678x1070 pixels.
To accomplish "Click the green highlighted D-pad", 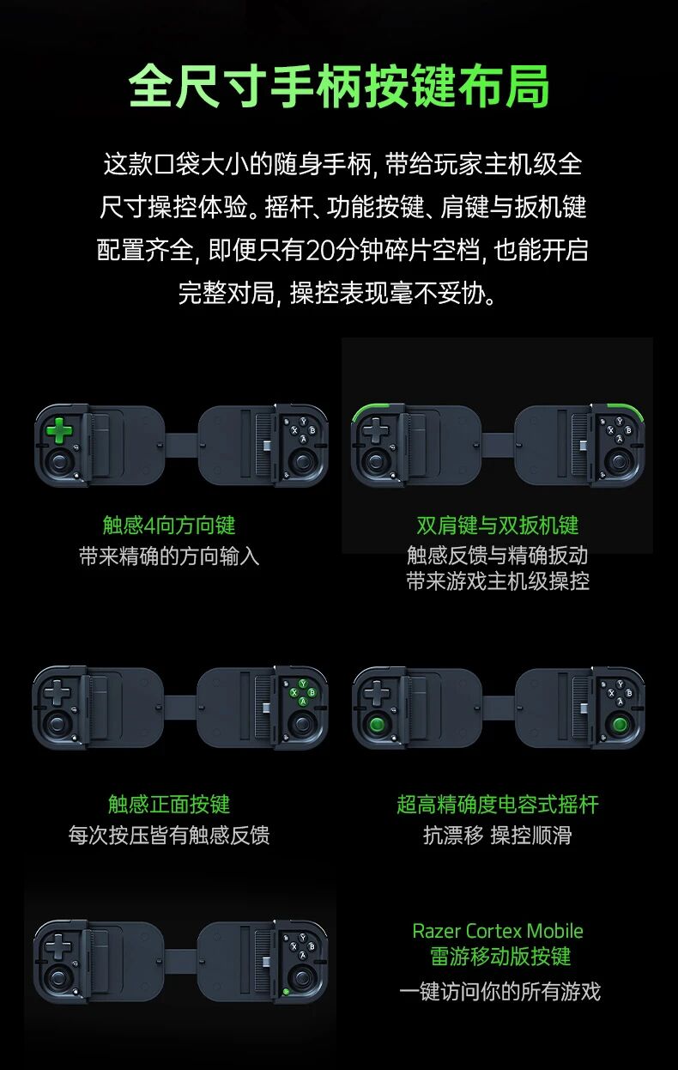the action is coord(59,430).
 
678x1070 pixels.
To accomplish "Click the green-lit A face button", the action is coord(302,702).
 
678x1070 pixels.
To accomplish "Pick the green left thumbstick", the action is coord(378,724).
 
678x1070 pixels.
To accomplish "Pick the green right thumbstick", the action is coord(620,724).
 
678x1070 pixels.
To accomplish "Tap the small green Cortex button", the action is coord(286,992).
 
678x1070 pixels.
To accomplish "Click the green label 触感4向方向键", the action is coord(169,526).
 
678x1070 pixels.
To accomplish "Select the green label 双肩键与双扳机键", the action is coord(498,526).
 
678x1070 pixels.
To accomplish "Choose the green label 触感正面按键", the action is coord(169,804).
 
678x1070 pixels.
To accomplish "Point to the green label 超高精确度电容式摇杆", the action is coord(498,804).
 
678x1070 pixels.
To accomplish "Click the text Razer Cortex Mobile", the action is coord(498,931).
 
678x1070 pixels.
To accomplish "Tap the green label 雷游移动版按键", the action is coord(500,957).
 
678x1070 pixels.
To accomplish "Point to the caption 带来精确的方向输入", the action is coord(169,556).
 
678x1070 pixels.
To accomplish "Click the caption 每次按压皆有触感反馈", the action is coord(169,835).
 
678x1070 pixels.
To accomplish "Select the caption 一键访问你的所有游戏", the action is coord(499,991).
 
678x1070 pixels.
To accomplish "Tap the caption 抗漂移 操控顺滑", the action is coord(498,835).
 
